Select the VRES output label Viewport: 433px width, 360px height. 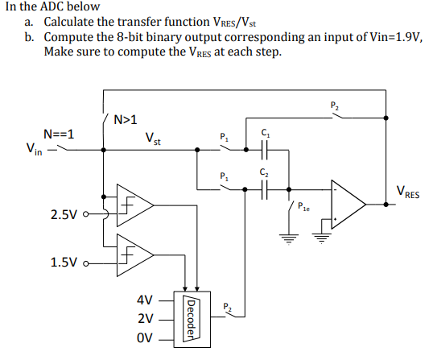pos(408,193)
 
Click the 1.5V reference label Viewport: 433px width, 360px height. pos(65,263)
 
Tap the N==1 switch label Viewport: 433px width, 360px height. pos(59,134)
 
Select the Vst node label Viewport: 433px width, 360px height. pos(154,139)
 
